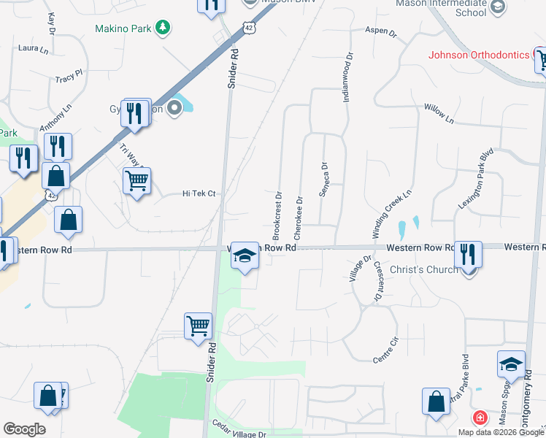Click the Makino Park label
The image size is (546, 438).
click(x=123, y=28)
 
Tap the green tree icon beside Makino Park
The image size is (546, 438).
click(x=164, y=28)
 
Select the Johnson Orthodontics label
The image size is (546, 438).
click(x=478, y=55)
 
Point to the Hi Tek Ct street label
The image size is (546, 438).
click(x=199, y=193)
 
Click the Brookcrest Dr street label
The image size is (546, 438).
click(x=277, y=216)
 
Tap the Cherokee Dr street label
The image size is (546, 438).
click(x=298, y=218)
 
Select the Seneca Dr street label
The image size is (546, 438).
click(x=323, y=180)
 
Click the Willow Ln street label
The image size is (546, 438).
click(x=439, y=112)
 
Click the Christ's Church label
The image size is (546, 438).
click(x=424, y=269)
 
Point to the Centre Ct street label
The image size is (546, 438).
click(x=385, y=340)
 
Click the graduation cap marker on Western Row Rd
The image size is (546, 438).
click(x=245, y=255)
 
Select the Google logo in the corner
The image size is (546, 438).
click(x=24, y=429)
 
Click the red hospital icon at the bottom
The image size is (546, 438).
click(x=480, y=418)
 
